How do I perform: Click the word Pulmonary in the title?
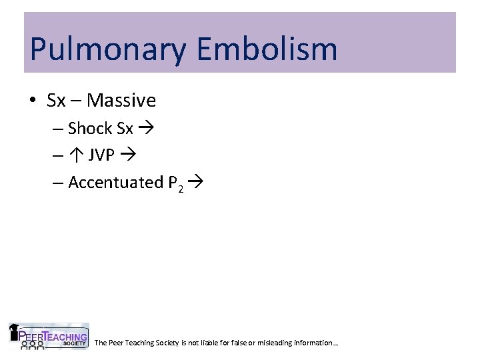click(107, 49)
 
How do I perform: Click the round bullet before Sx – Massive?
click(33, 101)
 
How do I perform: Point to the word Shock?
click(91, 127)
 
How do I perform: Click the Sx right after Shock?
click(125, 127)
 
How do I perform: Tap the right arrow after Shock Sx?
click(145, 128)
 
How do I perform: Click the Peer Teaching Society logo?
click(48, 337)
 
